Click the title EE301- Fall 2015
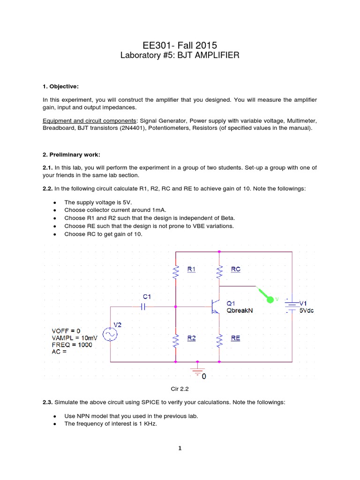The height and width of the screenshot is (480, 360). tap(180, 45)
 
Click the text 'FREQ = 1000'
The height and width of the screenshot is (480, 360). tap(72, 345)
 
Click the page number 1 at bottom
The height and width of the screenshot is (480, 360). tap(180, 448)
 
